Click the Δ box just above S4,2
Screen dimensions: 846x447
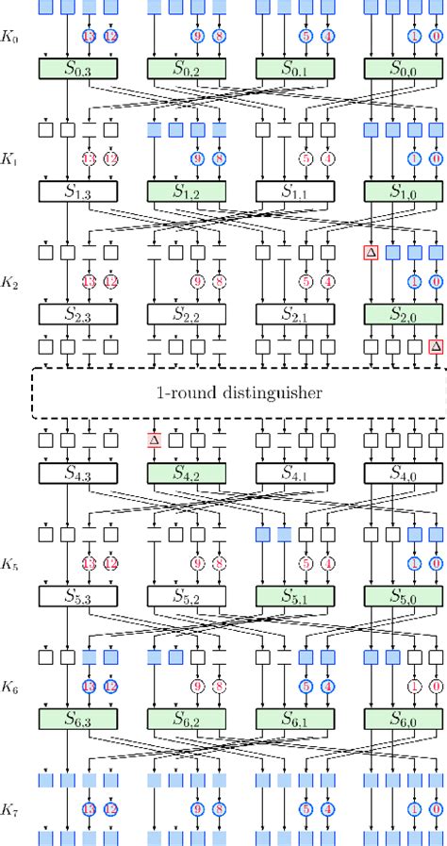point(153,440)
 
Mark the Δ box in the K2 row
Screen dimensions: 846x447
point(370,252)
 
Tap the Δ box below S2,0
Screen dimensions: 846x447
point(435,346)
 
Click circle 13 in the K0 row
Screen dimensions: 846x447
point(89,37)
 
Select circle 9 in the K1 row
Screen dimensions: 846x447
point(197,158)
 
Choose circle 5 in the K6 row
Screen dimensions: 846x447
point(306,686)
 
